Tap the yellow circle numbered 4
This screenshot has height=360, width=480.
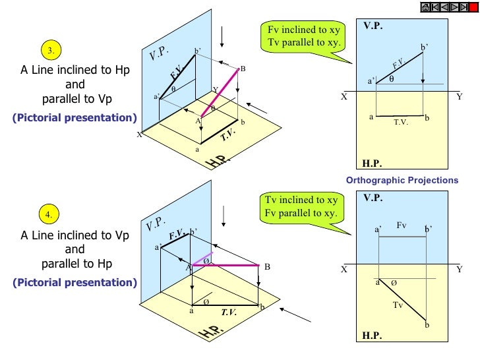click(49, 215)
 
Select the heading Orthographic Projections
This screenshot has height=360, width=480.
click(402, 180)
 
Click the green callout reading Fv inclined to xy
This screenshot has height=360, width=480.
click(303, 37)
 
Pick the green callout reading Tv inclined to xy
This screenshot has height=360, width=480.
click(301, 207)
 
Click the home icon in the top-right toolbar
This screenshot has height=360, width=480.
click(425, 7)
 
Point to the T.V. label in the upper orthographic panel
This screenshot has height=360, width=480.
click(401, 122)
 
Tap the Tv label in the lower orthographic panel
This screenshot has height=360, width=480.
click(397, 305)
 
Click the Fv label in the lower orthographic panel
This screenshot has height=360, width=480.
click(402, 225)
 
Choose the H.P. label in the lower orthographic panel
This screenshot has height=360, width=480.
click(373, 335)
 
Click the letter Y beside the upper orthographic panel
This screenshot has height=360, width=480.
click(460, 96)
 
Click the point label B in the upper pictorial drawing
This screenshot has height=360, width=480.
click(242, 69)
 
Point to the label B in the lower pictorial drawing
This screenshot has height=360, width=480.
click(268, 267)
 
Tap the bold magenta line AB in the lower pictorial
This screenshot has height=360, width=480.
click(227, 266)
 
